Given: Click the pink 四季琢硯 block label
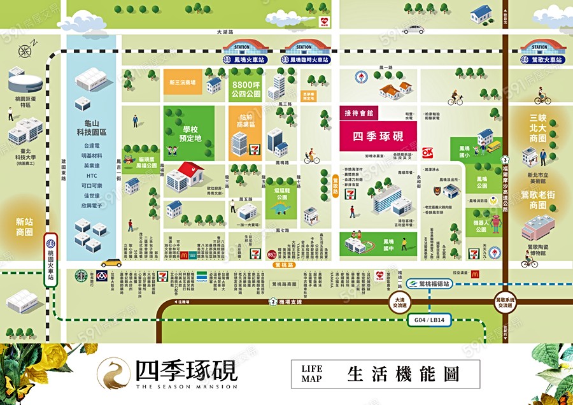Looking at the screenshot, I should point(378,136).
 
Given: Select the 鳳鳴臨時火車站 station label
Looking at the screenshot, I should point(308,60).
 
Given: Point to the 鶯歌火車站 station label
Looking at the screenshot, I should point(543,60).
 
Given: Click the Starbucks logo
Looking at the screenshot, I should point(81,276).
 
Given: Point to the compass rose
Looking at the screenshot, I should point(25,52).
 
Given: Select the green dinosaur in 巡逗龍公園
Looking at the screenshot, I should point(278,207).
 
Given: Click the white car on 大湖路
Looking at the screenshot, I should point(413,29).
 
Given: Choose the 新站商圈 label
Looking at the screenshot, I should point(24,226).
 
